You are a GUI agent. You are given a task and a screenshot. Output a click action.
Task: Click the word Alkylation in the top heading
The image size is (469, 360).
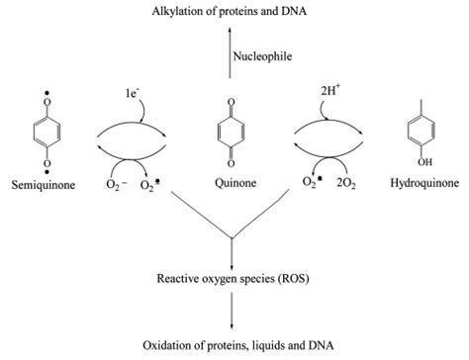[x=175, y=11]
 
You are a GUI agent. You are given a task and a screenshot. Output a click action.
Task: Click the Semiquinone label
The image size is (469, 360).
[x=39, y=184]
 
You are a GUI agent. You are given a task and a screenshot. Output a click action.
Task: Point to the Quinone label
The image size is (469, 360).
[x=234, y=184]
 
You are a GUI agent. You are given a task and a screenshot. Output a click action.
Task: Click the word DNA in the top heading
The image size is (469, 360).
[x=311, y=11]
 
